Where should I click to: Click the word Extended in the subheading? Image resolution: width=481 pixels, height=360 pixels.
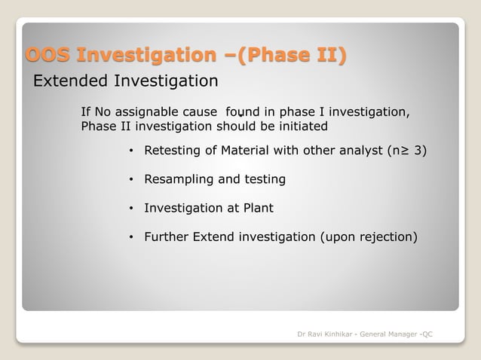[70, 81]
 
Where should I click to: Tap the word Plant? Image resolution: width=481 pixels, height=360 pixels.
[257, 208]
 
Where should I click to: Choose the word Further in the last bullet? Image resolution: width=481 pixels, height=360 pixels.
[167, 237]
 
